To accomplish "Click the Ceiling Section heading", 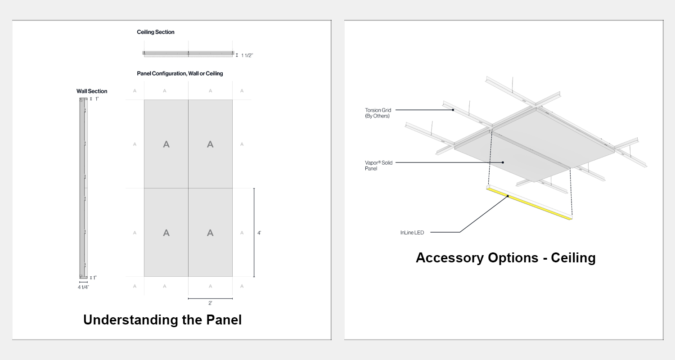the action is (x=156, y=32).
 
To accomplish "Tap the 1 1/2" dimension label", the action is (x=247, y=55).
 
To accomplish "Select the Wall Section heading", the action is (x=92, y=91).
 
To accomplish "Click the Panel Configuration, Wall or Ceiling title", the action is (x=180, y=73).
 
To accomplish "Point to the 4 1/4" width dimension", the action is (x=83, y=287).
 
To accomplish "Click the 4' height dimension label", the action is (x=259, y=233).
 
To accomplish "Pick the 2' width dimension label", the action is (x=210, y=303).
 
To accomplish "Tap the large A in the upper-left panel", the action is (x=166, y=144).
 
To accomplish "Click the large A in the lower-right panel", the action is (x=210, y=233).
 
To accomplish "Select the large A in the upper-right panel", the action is (x=210, y=144).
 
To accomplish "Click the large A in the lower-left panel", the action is (x=166, y=233).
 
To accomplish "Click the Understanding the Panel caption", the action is (x=162, y=320).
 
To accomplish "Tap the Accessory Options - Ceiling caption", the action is (x=506, y=258).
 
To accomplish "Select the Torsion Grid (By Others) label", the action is (x=378, y=113).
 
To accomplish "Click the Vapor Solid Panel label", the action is (x=378, y=166).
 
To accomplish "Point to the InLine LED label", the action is (x=412, y=233).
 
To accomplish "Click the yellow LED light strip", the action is (x=530, y=204).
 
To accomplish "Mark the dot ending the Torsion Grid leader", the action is (x=453, y=110).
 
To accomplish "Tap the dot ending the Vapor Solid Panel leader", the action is (x=503, y=162).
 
